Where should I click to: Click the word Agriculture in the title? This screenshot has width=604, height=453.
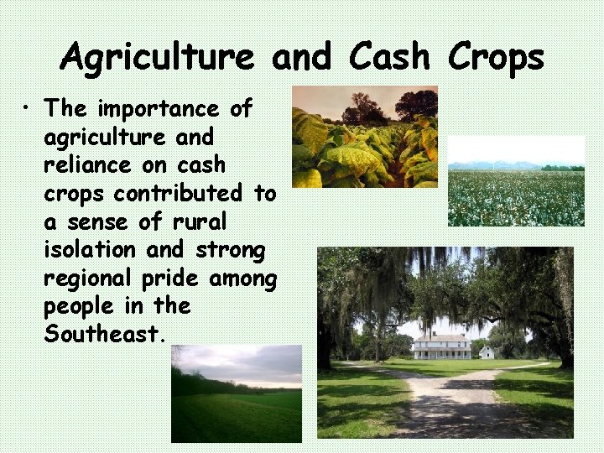157,57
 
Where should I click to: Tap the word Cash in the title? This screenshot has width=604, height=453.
388,57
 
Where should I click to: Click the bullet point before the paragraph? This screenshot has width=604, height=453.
29,109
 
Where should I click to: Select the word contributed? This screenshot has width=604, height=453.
177,194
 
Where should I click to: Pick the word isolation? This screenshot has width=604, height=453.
90,250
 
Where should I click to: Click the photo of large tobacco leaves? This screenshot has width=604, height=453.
364,136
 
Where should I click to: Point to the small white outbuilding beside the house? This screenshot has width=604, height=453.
487,352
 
